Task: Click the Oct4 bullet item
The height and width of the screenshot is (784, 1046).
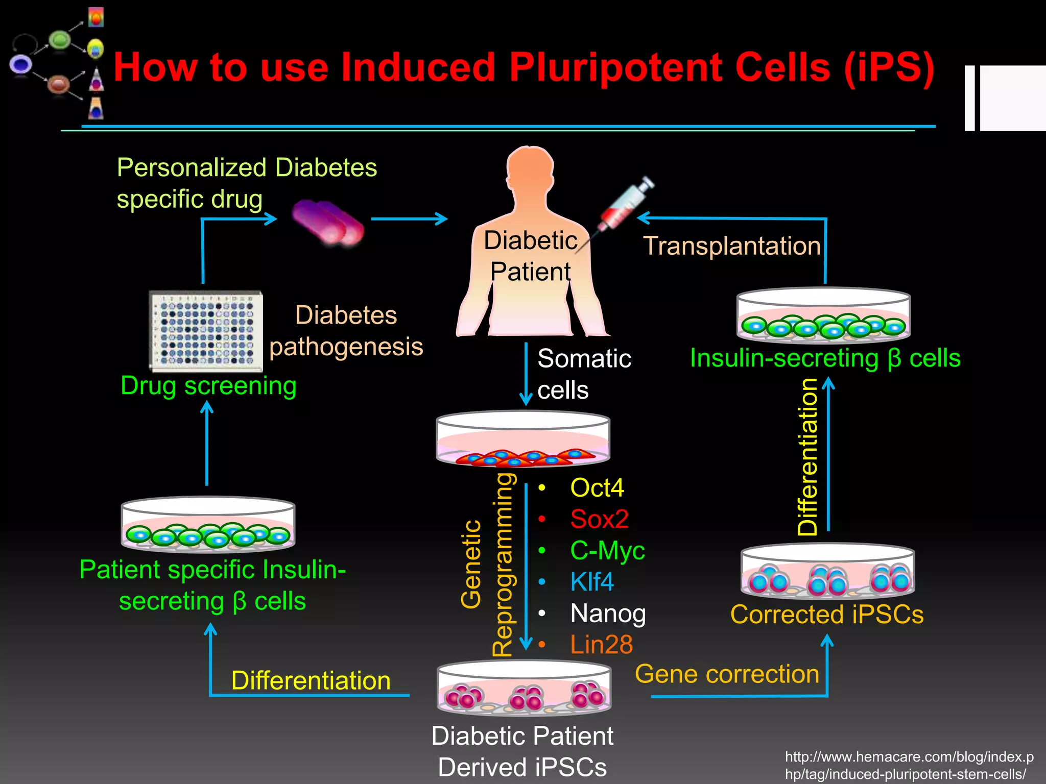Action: pos(597,487)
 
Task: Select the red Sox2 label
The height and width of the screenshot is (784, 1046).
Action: pos(599,519)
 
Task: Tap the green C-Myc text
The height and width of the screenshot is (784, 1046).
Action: pos(607,551)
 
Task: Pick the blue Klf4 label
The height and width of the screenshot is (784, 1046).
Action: pos(591,582)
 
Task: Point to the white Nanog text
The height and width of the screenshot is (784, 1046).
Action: pos(608,613)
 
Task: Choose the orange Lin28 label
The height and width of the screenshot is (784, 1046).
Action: pos(601,645)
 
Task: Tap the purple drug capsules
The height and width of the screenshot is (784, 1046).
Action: pos(328,222)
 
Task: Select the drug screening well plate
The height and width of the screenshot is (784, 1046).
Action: pos(206,331)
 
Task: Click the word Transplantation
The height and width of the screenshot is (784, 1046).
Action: pos(731,246)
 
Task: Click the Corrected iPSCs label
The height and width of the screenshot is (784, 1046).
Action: pos(826,615)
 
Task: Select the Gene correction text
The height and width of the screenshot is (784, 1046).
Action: pos(727,674)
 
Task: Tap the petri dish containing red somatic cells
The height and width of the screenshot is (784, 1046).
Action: pos(522,439)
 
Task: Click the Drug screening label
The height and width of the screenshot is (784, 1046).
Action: pos(208,386)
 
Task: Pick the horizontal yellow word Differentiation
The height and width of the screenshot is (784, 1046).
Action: pos(311,680)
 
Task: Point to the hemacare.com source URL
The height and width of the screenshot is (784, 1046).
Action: pos(909,765)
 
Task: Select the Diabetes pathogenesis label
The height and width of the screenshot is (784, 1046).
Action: pos(346,331)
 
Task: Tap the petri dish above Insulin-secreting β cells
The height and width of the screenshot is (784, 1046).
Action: pos(823,315)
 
